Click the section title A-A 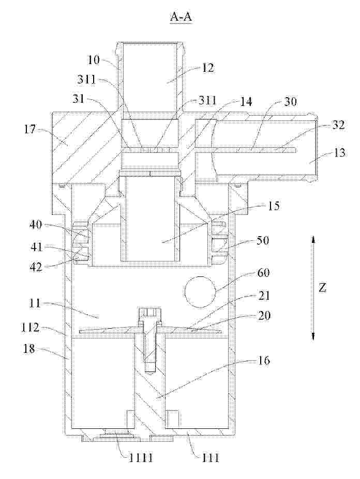181,17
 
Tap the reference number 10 94,59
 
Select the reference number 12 208,68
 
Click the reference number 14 246,102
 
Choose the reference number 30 290,101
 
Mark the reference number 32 338,125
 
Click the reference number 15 274,206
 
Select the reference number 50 263,240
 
